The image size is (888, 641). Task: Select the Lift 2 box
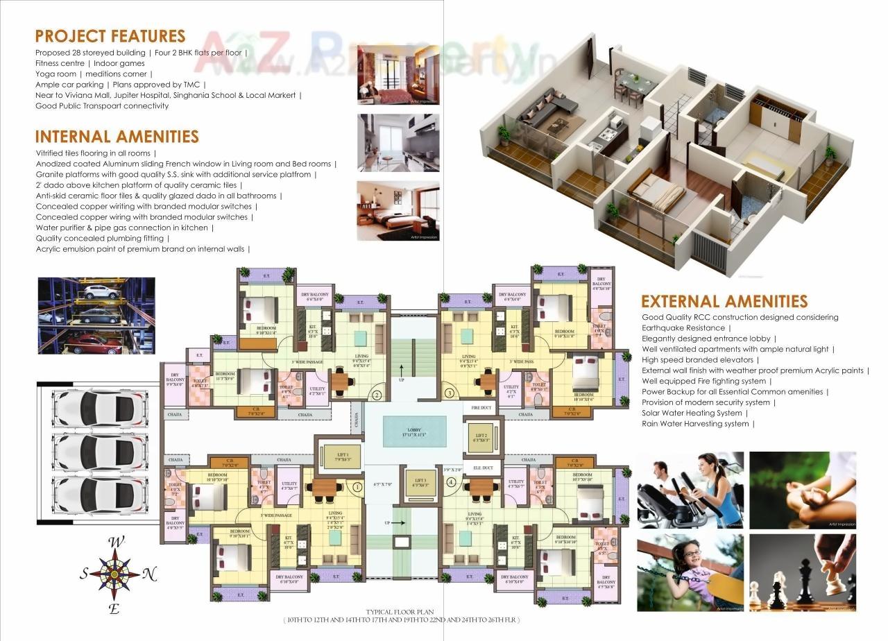[x=479, y=437]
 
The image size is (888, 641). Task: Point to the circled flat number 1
[x=358, y=487]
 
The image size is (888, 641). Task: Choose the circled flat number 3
[x=450, y=393]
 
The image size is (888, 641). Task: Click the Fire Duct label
[x=481, y=408]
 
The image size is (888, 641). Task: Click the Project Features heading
[x=110, y=36]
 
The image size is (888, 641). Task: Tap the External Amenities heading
[x=724, y=301]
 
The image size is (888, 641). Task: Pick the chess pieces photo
[x=803, y=572]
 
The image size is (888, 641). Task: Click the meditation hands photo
[x=803, y=490]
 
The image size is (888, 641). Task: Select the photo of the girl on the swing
[x=690, y=572]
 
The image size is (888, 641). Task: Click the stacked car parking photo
[x=96, y=316]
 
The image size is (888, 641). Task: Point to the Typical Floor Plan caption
[x=401, y=611]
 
